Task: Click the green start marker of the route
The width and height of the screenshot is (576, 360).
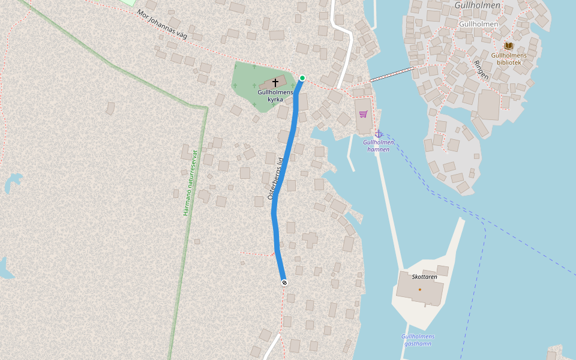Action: point(302,78)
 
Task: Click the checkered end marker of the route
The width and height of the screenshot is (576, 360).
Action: point(284,283)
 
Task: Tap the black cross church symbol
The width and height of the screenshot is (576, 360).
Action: point(275,82)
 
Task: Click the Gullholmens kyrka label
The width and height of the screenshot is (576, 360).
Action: point(275,95)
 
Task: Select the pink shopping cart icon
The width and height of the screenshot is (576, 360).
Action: point(363,114)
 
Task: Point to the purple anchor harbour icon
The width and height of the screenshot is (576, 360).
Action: point(379,134)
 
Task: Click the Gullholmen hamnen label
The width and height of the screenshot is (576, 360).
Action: point(379,146)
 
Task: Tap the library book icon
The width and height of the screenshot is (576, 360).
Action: point(509,46)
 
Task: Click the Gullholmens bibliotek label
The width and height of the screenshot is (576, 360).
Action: point(509,59)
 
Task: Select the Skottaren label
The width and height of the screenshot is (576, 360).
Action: point(425,277)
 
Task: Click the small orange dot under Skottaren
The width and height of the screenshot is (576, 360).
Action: point(420,289)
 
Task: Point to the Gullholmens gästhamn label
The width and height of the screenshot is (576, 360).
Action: point(418,340)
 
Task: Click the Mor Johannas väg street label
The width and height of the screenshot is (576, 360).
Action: point(162,24)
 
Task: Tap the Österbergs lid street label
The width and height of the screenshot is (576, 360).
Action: point(274,178)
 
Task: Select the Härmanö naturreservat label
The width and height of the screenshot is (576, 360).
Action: point(190,182)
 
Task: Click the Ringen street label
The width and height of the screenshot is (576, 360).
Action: point(481,70)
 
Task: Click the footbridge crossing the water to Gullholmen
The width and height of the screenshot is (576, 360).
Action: point(392,74)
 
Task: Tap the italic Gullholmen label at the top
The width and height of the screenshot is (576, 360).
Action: point(478,5)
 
